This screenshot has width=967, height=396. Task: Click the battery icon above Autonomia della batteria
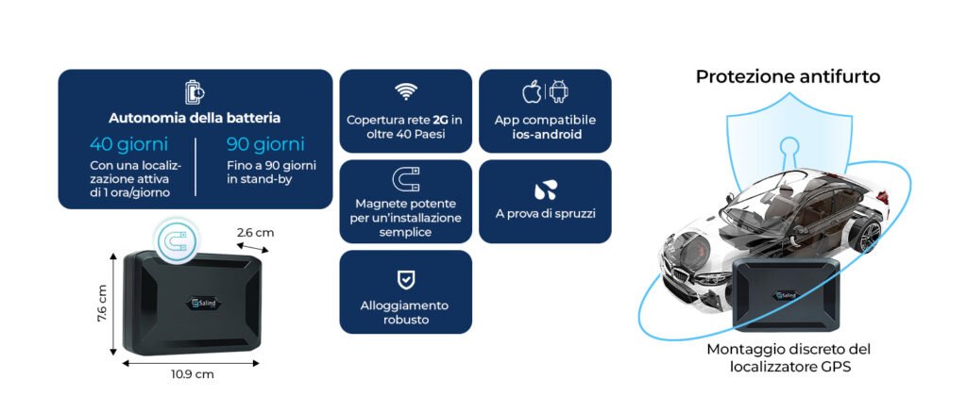click(195, 92)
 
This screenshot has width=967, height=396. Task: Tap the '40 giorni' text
click(128, 144)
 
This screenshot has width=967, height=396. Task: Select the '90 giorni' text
click(265, 144)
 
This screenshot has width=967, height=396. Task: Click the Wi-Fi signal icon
click(406, 92)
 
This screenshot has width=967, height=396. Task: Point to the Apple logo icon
click(532, 91)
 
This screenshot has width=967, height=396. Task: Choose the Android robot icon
click(559, 91)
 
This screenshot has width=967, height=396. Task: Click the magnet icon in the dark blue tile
click(406, 179)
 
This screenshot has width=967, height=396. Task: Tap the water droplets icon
click(546, 190)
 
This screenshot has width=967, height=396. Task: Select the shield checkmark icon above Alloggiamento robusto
click(406, 280)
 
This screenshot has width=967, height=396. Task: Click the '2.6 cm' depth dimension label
click(255, 233)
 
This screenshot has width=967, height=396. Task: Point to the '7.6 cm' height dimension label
click(102, 303)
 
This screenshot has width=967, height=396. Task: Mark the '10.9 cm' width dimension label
click(193, 373)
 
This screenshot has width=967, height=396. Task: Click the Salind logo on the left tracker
click(204, 303)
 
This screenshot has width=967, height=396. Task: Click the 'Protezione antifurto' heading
click(789, 76)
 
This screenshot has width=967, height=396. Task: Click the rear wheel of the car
click(869, 235)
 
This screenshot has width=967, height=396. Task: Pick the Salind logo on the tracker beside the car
click(786, 296)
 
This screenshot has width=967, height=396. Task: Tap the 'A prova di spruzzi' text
click(546, 214)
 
